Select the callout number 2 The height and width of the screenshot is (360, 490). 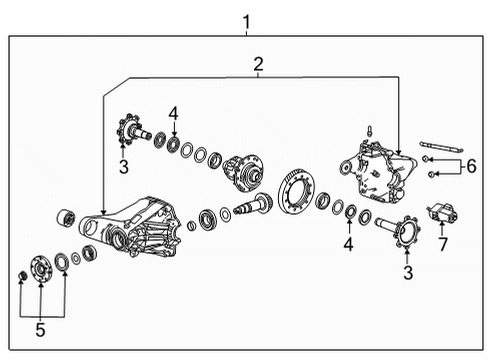pos(258,65)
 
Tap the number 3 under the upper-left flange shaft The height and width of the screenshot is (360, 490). pos(124,167)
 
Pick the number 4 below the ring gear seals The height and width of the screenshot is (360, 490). pos(349,243)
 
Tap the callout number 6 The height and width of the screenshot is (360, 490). pos(472,166)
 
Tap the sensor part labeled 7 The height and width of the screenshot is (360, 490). pos(441,214)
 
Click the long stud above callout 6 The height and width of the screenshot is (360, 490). pos(440,147)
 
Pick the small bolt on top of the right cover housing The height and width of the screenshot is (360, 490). pos(368,128)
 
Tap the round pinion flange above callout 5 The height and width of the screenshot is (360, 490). pos(41,267)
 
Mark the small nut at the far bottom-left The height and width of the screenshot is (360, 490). pos(22,275)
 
